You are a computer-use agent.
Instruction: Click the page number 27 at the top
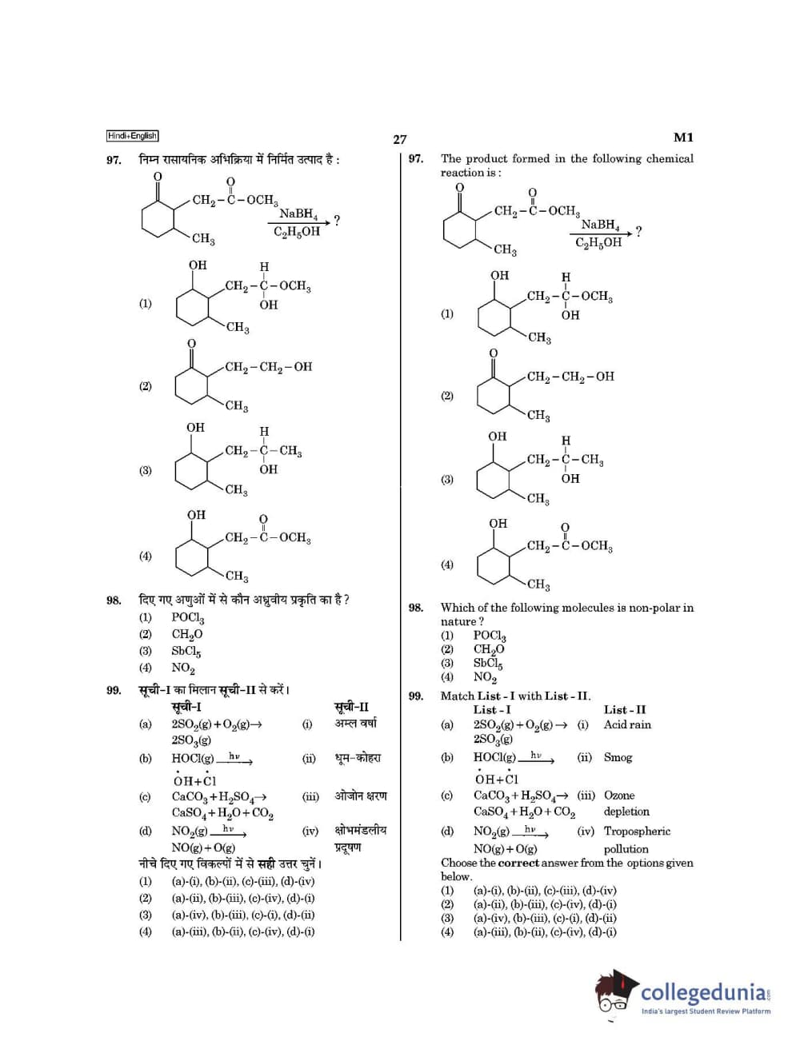(399, 139)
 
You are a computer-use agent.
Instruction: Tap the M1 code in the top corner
(683, 138)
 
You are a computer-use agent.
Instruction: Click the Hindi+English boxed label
(132, 136)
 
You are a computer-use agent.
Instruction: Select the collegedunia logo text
(704, 992)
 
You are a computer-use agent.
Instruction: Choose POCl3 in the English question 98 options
(489, 636)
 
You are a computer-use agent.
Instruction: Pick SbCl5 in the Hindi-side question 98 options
(186, 651)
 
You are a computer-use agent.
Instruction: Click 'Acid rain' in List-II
(627, 724)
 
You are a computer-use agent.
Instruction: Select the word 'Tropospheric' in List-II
(637, 832)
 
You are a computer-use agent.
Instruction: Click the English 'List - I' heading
(491, 709)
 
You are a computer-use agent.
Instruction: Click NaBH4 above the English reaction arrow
(600, 225)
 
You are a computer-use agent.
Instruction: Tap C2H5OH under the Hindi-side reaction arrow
(296, 232)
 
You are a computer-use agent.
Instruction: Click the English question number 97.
(415, 159)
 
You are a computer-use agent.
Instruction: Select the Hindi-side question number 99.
(114, 690)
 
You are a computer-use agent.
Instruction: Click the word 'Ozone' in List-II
(619, 796)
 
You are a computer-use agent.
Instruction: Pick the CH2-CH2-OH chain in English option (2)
(570, 377)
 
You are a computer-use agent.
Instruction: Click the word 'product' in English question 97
(486, 159)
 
